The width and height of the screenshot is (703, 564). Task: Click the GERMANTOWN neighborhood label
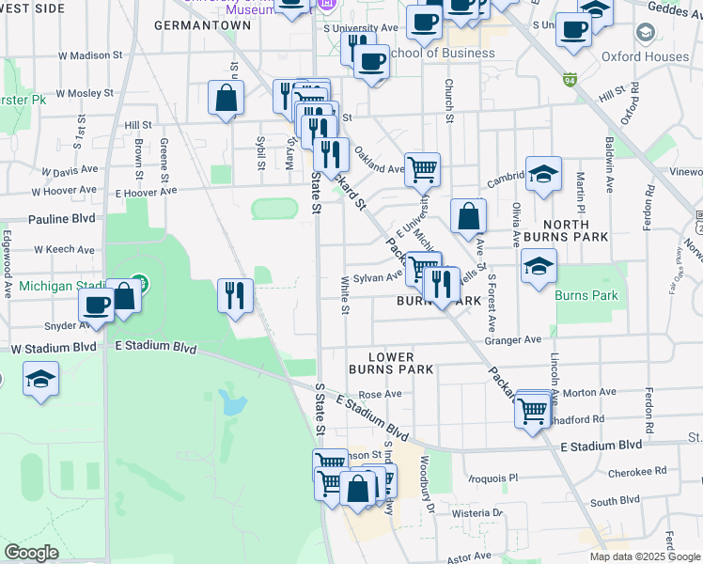pyautogui.click(x=202, y=25)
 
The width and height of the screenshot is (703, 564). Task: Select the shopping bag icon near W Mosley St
pyautogui.click(x=227, y=98)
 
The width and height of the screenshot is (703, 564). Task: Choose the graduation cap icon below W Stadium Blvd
pyautogui.click(x=40, y=380)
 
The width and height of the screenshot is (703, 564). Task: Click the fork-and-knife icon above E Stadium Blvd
pyautogui.click(x=235, y=295)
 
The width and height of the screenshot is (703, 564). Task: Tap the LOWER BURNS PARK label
pyautogui.click(x=391, y=363)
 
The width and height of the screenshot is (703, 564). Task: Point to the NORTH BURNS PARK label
pyautogui.click(x=567, y=231)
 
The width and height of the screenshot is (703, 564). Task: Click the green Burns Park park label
pyautogui.click(x=586, y=295)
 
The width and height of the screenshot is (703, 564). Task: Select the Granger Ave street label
pyautogui.click(x=512, y=339)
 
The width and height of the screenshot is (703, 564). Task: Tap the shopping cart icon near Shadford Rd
pyautogui.click(x=533, y=410)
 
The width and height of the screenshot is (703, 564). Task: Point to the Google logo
pyautogui.click(x=32, y=553)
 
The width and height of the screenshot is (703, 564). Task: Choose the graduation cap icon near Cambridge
pyautogui.click(x=543, y=174)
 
